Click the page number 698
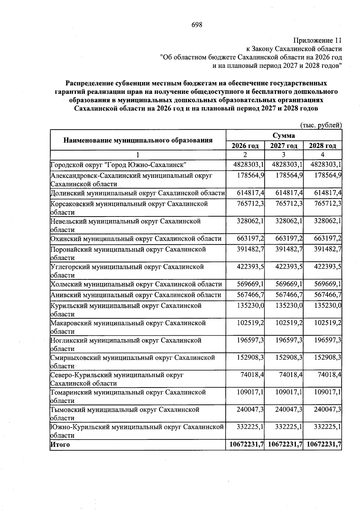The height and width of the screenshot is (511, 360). click(197, 25)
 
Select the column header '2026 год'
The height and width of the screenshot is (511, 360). click(245, 146)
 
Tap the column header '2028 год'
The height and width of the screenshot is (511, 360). click(322, 146)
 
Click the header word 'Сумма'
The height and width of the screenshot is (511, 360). click(283, 135)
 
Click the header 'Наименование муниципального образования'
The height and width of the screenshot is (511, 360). click(138, 140)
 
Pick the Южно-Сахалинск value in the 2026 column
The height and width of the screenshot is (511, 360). click(248, 165)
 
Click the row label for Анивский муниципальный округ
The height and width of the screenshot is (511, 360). click(136, 295)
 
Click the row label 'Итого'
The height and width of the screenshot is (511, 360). click(60, 445)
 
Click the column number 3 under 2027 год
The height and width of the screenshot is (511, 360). click(283, 155)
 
